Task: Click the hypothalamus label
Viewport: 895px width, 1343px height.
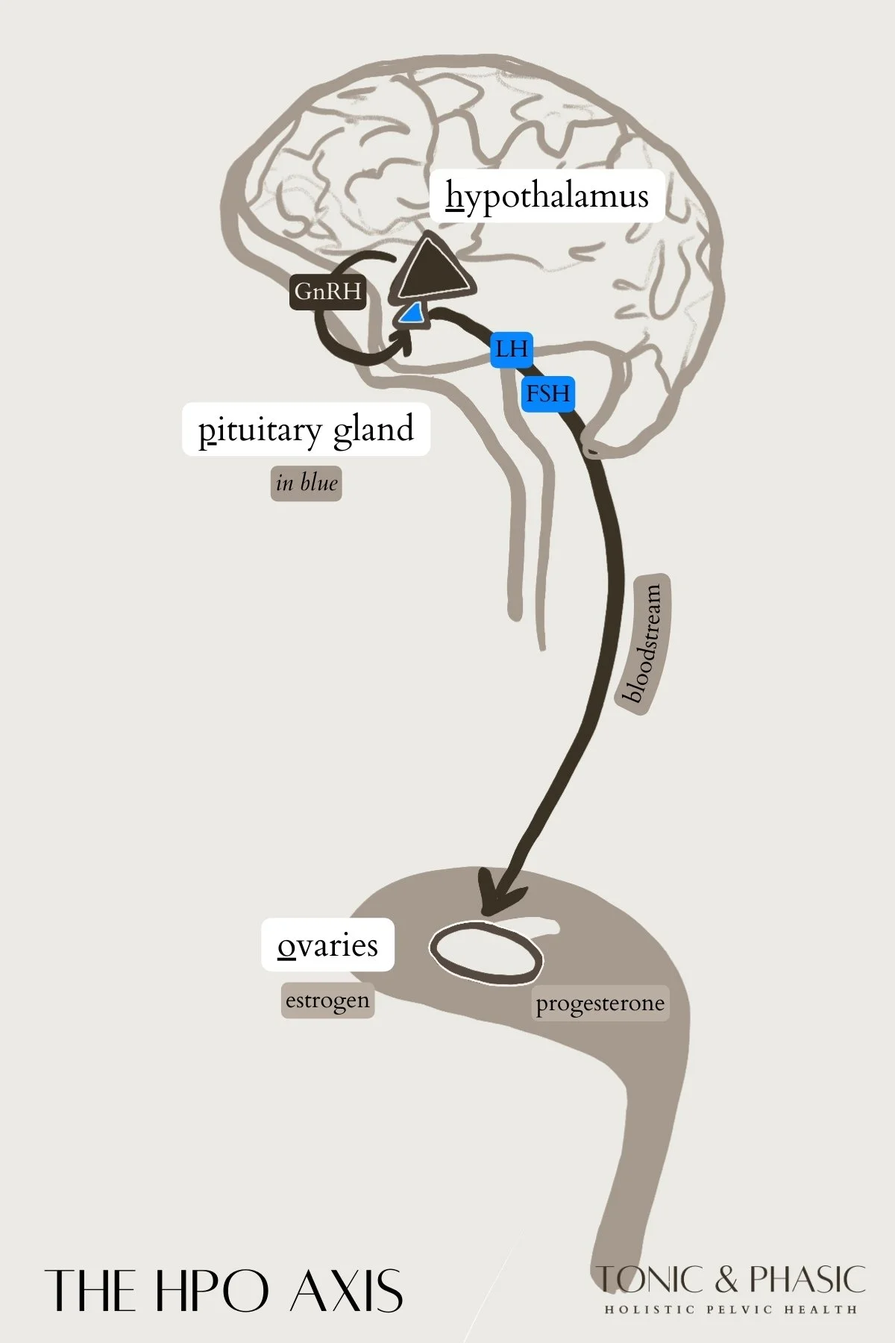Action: point(547,195)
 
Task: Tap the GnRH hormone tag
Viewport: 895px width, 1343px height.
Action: point(327,291)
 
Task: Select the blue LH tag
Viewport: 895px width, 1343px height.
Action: point(512,348)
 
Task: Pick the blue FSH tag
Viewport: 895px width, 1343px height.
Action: point(548,392)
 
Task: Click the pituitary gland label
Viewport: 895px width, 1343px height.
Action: point(306,430)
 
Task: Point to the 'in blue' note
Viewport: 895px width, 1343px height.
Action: point(306,483)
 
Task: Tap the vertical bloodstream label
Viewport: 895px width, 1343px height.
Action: point(644,643)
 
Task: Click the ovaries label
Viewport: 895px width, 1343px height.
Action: point(327,945)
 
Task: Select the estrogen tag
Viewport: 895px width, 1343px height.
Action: point(327,1000)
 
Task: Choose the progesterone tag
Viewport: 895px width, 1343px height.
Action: point(600,1004)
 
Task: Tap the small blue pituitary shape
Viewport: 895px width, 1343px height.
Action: point(411,315)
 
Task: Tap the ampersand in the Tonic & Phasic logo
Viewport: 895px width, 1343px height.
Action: point(727,1280)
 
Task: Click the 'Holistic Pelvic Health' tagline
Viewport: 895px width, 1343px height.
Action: point(730,1309)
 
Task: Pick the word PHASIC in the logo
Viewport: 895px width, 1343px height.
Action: point(807,1280)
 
